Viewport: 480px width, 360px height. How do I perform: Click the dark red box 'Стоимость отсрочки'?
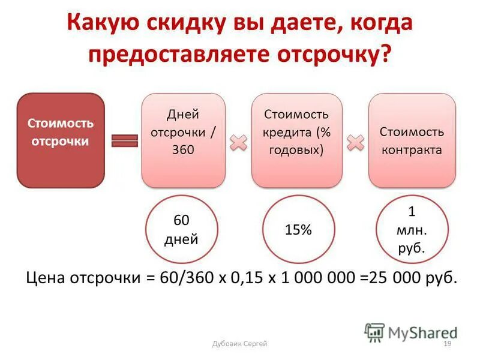pyautogui.click(x=61, y=140)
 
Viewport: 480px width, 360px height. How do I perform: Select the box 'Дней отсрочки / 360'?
pyautogui.click(x=183, y=140)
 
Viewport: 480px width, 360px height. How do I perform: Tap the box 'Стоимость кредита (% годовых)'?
pyautogui.click(x=297, y=140)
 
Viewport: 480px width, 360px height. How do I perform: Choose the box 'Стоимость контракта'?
pyautogui.click(x=412, y=140)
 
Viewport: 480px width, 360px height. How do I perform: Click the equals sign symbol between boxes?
pyautogui.click(x=125, y=140)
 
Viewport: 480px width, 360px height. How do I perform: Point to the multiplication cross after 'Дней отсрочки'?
pyautogui.click(x=239, y=143)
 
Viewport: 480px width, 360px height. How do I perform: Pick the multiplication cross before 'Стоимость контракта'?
pyautogui.click(x=356, y=143)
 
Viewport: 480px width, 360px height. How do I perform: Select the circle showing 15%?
pyautogui.click(x=298, y=230)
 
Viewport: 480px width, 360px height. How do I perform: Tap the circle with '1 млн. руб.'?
pyautogui.click(x=412, y=229)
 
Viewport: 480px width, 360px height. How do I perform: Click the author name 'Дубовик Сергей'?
pyautogui.click(x=240, y=343)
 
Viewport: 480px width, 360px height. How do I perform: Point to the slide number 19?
pyautogui.click(x=446, y=343)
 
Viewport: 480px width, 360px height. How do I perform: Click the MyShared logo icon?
pyautogui.click(x=374, y=332)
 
